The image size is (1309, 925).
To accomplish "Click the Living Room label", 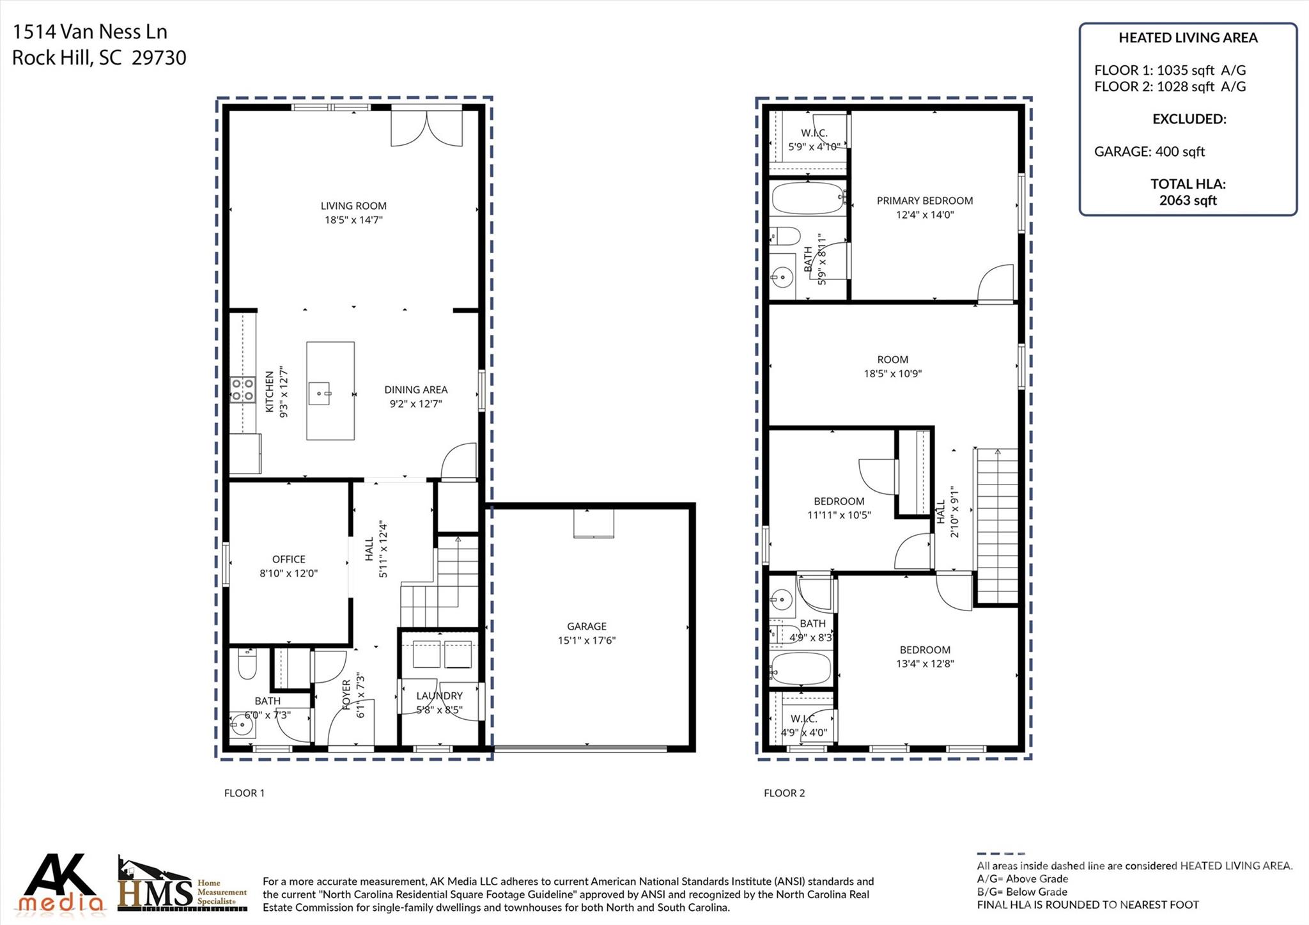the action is pyautogui.click(x=353, y=206).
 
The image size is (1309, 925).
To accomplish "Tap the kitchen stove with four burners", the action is pyautogui.click(x=242, y=390).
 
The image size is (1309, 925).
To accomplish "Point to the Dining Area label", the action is pyautogui.click(x=415, y=389).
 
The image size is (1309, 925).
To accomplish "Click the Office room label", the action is pyautogui.click(x=289, y=559).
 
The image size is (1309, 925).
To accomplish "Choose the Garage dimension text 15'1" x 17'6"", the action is pyautogui.click(x=586, y=641).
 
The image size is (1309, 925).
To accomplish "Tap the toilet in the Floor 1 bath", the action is pyautogui.click(x=247, y=664).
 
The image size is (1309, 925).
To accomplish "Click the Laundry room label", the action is pyautogui.click(x=439, y=696).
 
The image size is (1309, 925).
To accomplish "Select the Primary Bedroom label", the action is pyautogui.click(x=925, y=201).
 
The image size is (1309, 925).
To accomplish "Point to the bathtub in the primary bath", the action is pyautogui.click(x=808, y=198).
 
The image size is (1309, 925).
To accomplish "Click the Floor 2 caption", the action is pyautogui.click(x=784, y=793).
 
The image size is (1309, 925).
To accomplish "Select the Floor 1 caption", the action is pyautogui.click(x=244, y=793).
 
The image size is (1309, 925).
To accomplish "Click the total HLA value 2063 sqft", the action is pyautogui.click(x=1188, y=200).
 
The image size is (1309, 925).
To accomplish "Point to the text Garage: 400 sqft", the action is pyautogui.click(x=1149, y=152).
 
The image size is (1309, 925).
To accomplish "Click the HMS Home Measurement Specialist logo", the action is pyautogui.click(x=182, y=884).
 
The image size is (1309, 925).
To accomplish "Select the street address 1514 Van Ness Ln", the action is pyautogui.click(x=89, y=32).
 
